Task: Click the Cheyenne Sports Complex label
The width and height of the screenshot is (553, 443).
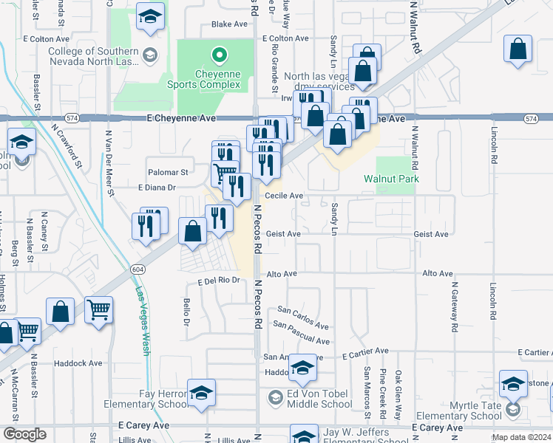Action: tap(217, 79)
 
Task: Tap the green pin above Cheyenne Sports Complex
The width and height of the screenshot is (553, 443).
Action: tap(219, 55)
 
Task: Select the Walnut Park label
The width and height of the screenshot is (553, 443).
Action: tap(391, 179)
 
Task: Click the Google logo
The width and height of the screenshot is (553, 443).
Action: tap(24, 434)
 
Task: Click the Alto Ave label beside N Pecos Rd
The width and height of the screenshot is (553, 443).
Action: tap(282, 273)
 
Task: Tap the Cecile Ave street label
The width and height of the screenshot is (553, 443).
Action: tap(285, 196)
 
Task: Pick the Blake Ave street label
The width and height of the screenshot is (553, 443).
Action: tap(229, 24)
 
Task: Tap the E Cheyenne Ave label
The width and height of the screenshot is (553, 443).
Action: tap(181, 118)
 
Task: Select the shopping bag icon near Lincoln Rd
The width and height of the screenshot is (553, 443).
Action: tap(518, 49)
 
